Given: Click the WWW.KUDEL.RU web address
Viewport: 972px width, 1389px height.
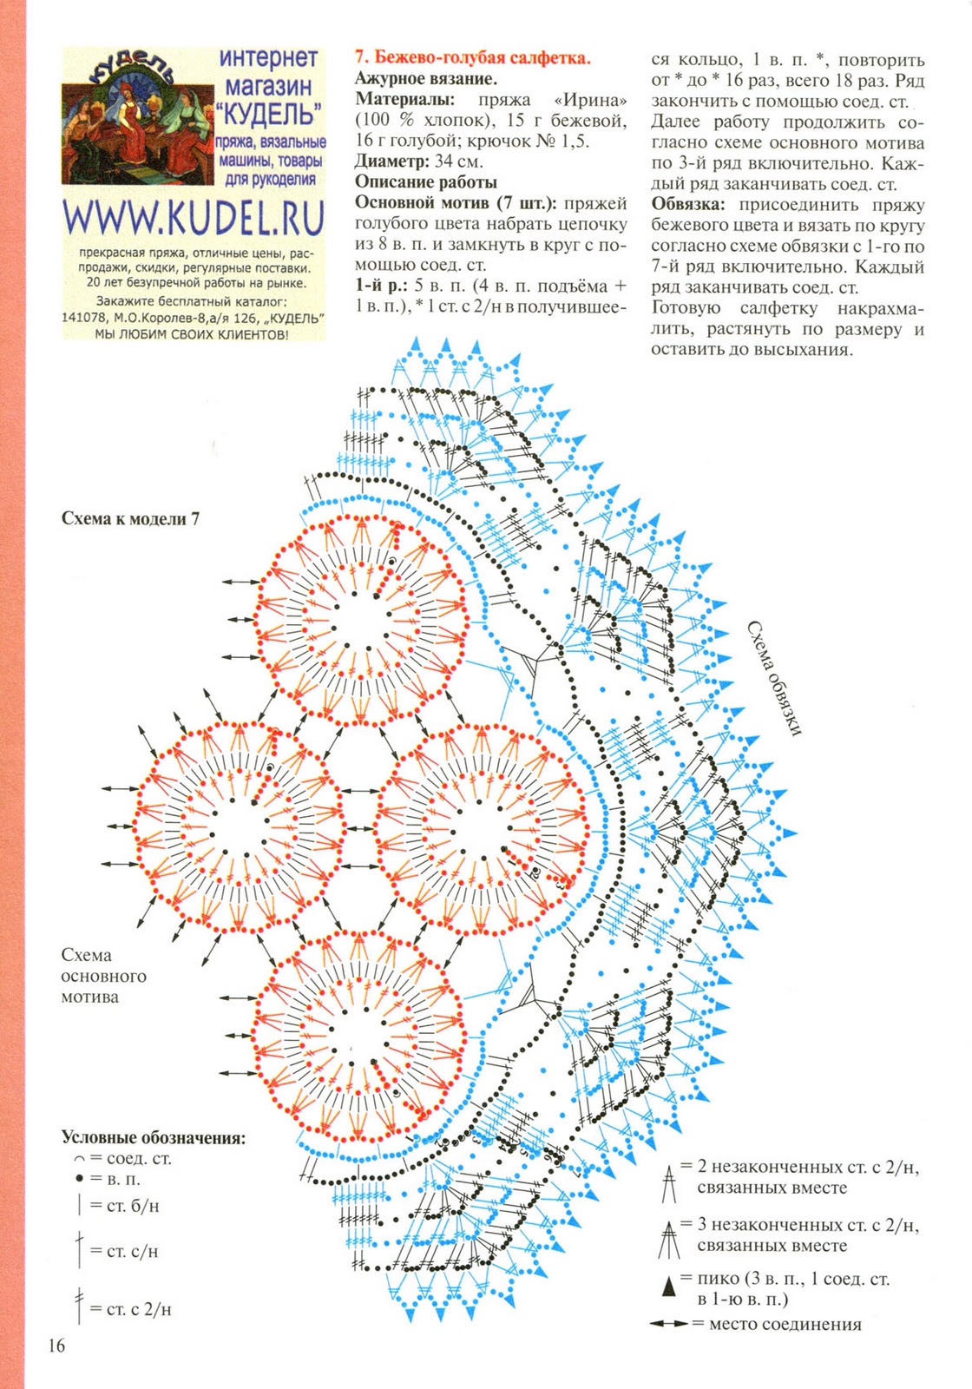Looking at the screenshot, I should (x=194, y=218).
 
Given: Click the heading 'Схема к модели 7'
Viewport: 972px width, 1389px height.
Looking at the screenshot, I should (x=131, y=518).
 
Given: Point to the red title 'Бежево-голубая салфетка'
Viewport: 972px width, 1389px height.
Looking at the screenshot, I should (x=473, y=58).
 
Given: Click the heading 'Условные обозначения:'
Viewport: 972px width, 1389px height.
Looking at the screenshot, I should (x=154, y=1137).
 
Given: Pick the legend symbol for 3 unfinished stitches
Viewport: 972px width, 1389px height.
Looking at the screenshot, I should (x=668, y=1239).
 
